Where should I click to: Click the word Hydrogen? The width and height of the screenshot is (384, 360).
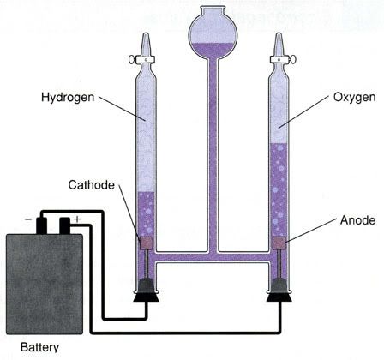[x=68, y=98]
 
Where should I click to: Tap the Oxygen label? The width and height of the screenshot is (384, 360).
[x=354, y=98]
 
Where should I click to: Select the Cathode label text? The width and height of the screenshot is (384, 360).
[x=92, y=185]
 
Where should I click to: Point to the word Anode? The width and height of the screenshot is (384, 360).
[x=357, y=220]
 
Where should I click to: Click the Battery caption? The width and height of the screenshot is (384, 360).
[x=39, y=347]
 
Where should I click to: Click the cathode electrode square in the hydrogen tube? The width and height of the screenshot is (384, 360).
[x=147, y=243]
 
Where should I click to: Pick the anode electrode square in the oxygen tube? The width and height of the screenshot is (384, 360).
[x=279, y=243]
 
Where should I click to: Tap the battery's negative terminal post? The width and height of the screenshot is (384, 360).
[x=42, y=225]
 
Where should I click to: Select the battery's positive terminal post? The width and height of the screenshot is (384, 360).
[x=64, y=225]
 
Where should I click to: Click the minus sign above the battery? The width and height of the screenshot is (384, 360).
[x=28, y=219]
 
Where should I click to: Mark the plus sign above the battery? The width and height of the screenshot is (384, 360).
[x=77, y=219]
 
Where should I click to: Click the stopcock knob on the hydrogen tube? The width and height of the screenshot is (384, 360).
[x=132, y=60]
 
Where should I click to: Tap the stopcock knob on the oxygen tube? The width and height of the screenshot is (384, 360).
[x=293, y=60]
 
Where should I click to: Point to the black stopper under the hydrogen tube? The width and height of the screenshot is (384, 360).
[x=146, y=291]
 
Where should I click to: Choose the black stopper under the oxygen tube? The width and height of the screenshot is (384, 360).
[x=279, y=291]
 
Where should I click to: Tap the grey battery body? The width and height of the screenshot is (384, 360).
[x=45, y=284]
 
